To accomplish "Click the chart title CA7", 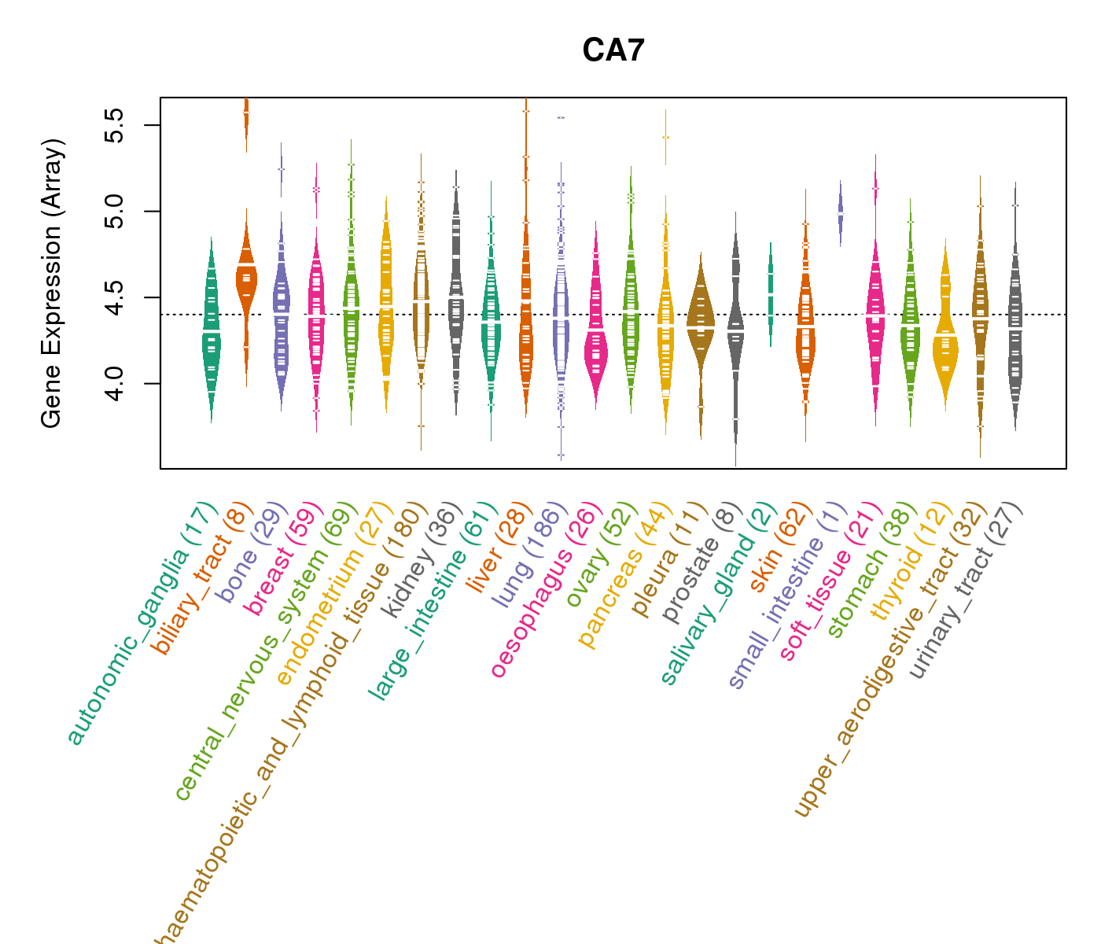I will tap(613, 50).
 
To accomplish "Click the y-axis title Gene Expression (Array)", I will tap(52, 283).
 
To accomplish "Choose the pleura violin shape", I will tap(701, 323).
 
